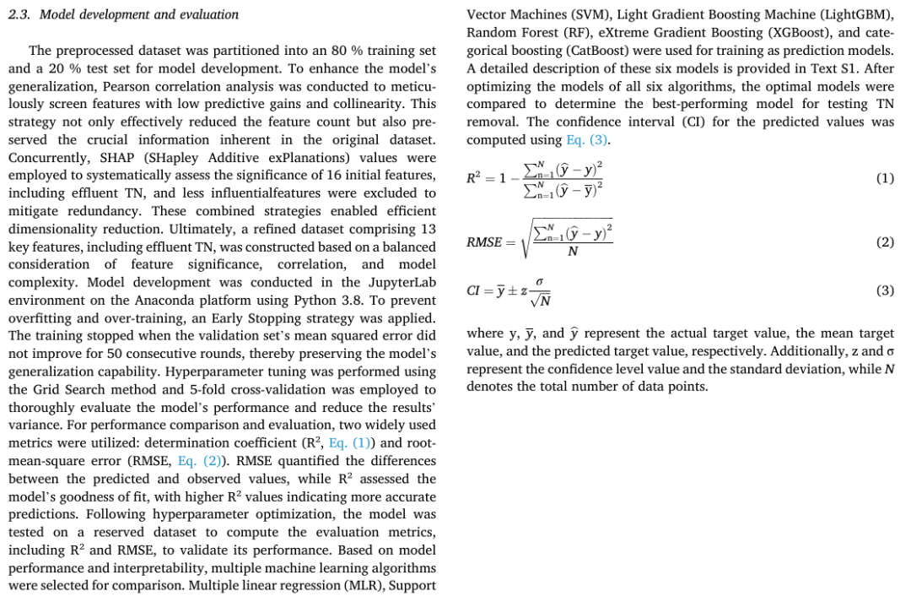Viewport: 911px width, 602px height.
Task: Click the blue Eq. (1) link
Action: [350, 442]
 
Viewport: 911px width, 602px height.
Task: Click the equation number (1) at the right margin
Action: [884, 178]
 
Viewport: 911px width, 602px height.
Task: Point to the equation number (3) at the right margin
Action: [884, 290]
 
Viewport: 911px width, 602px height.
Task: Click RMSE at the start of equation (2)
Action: [484, 243]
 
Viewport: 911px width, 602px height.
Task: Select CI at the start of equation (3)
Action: [474, 291]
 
